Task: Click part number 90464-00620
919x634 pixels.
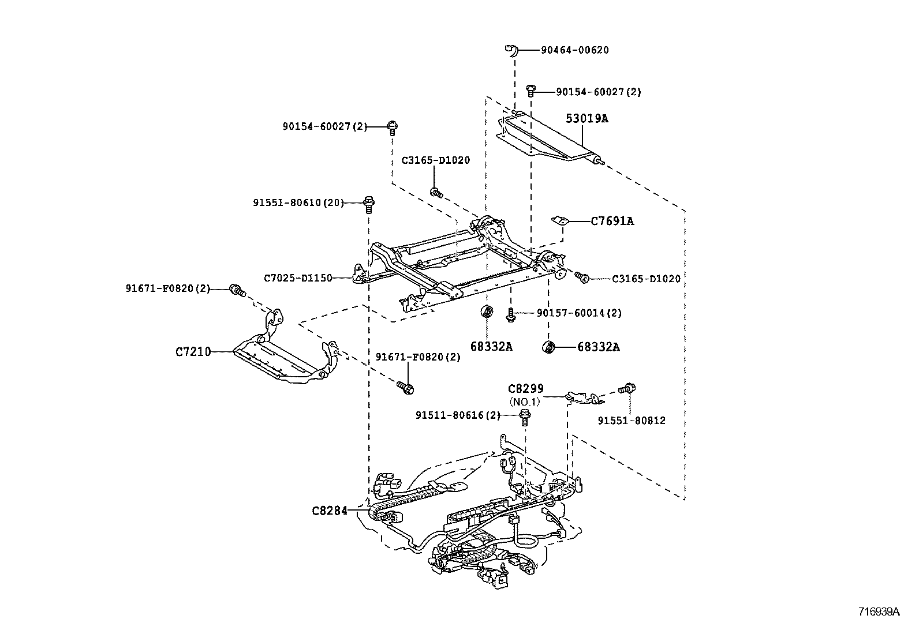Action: pyautogui.click(x=574, y=50)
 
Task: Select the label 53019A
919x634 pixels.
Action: pyautogui.click(x=586, y=119)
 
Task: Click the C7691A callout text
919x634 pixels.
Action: pyautogui.click(x=612, y=221)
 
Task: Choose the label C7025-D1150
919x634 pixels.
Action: pyautogui.click(x=298, y=278)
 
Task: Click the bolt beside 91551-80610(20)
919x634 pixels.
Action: pyautogui.click(x=368, y=202)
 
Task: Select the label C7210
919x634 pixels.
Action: pyautogui.click(x=193, y=351)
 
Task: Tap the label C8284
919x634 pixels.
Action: pyautogui.click(x=330, y=511)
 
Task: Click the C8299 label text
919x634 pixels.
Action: pyautogui.click(x=525, y=389)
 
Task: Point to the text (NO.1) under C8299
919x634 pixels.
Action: pyautogui.click(x=524, y=402)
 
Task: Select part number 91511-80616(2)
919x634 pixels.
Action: pyautogui.click(x=458, y=415)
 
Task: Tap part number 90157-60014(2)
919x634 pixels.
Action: pyautogui.click(x=579, y=313)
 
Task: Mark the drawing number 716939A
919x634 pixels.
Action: pyautogui.click(x=879, y=612)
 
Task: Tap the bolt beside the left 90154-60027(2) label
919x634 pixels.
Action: pyautogui.click(x=393, y=126)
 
